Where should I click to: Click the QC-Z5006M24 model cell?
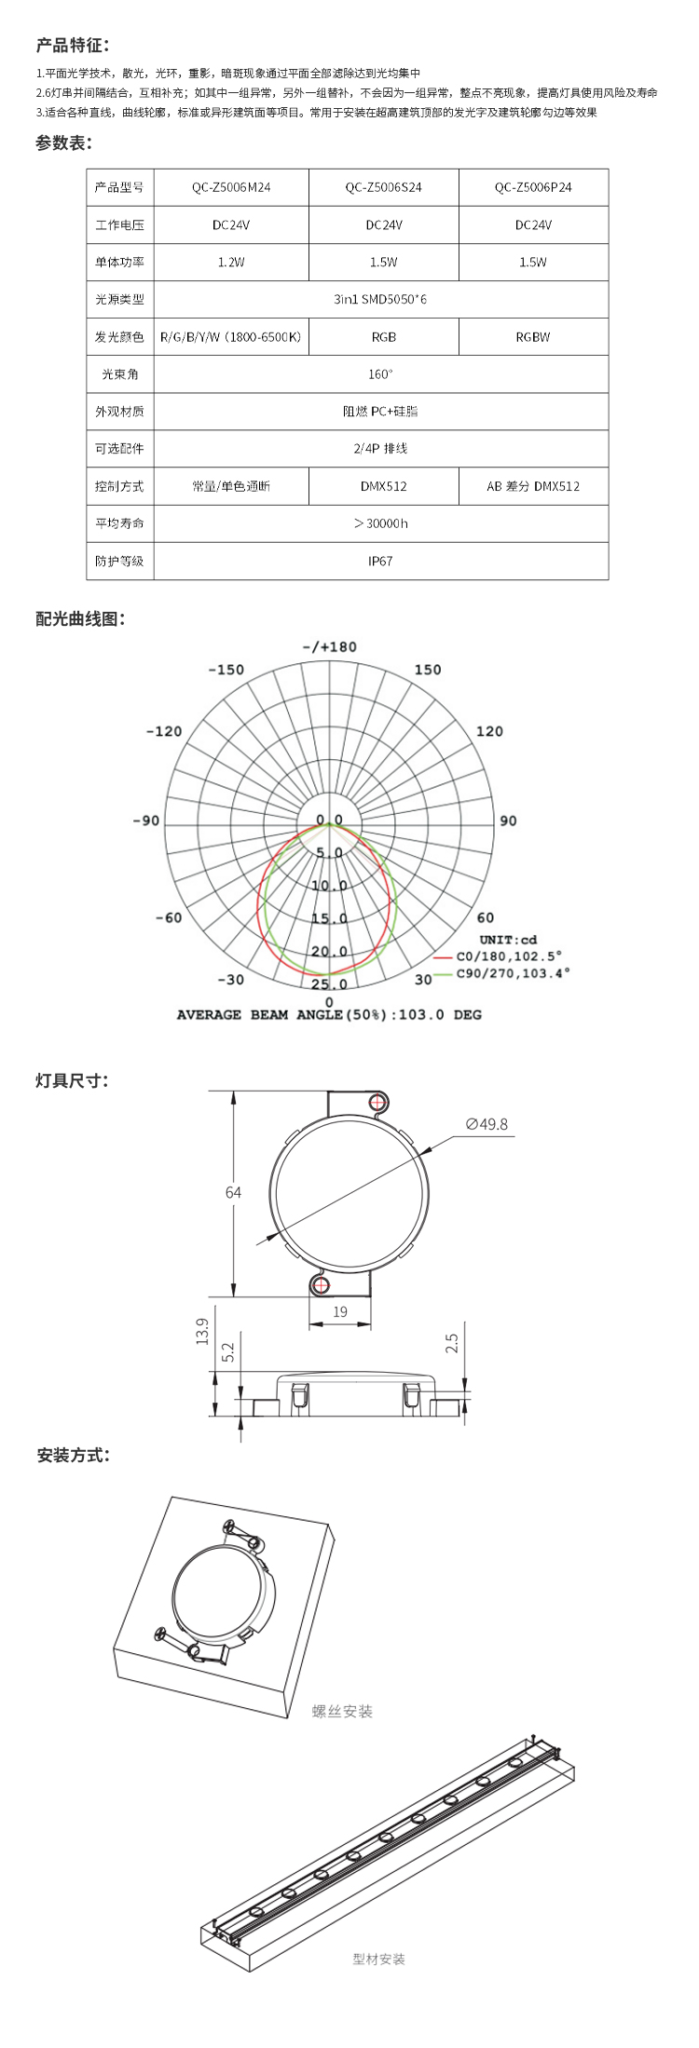[231, 187]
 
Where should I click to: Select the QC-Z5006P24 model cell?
[533, 187]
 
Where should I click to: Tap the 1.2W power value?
[231, 263]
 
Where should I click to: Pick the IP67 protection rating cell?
[380, 562]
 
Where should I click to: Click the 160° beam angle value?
[380, 374]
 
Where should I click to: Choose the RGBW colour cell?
[533, 337]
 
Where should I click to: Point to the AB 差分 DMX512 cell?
[533, 486]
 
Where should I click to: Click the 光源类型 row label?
[119, 300]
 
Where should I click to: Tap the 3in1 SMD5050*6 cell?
[380, 300]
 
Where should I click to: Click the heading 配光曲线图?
[80, 619]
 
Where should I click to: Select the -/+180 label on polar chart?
[329, 647]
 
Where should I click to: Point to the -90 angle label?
[145, 821]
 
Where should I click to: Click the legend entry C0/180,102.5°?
[509, 956]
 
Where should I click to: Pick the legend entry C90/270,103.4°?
[513, 973]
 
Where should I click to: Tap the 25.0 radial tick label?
[329, 984]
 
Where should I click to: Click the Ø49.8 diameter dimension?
[487, 1124]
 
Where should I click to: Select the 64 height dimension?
[233, 1192]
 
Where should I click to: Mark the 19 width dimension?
[340, 1311]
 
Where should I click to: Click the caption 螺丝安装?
[342, 1711]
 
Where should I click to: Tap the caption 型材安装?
[378, 1959]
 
